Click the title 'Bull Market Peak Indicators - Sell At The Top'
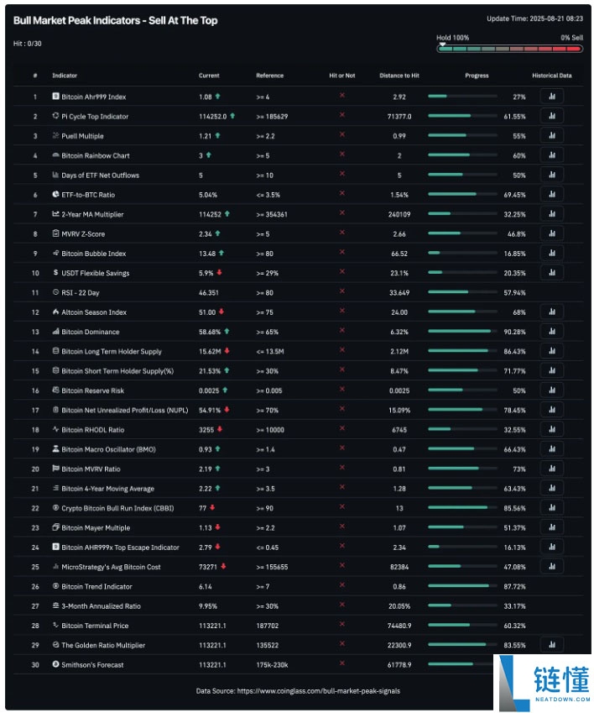coord(115,20)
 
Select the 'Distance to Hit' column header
coord(399,76)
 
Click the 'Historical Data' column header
coord(551,76)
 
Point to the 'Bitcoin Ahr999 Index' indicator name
coord(93,97)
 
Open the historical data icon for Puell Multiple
coord(551,136)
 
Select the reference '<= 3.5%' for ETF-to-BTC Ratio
coord(270,195)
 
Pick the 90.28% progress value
coord(513,332)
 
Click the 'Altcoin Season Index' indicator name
coord(94,312)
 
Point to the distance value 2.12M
coord(399,352)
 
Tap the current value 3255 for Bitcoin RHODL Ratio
coord(206,430)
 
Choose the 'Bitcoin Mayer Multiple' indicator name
coord(96,528)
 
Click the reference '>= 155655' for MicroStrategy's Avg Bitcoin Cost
coord(272,567)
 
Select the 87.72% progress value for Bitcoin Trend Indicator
coord(513,587)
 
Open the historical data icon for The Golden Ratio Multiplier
coord(551,645)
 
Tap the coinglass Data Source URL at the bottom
coord(321,691)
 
